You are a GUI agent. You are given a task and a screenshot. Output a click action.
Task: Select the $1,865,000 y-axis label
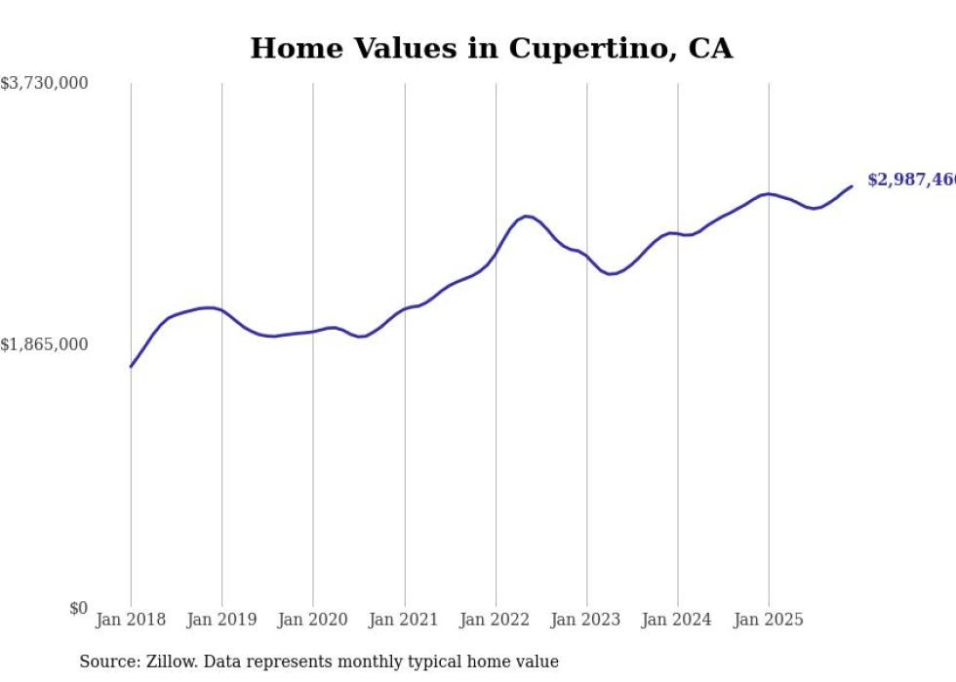point(44,344)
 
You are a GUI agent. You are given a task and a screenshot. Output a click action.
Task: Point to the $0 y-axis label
point(78,609)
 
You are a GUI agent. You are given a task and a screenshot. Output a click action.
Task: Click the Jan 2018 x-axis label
point(131,620)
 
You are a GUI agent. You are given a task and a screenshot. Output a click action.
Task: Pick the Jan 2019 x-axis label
point(221,620)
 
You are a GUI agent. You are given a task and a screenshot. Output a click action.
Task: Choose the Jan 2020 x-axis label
point(313,620)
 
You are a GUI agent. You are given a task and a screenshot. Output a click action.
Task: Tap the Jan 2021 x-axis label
point(404,620)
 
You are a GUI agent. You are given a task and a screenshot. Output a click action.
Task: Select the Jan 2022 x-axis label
point(496,620)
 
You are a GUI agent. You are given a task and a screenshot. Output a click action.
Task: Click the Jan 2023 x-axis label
point(586,620)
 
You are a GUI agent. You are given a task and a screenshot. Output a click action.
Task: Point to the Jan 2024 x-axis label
point(678,620)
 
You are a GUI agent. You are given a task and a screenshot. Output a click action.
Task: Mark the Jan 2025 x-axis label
point(769,620)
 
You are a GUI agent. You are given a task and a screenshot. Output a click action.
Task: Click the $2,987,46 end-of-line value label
point(911,180)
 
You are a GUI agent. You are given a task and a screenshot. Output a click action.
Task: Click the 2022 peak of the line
point(527,217)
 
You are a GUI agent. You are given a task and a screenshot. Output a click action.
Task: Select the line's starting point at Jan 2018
point(131,366)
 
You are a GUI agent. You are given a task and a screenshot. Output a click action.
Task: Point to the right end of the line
point(852,186)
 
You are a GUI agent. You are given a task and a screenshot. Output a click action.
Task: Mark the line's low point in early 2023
point(610,274)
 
